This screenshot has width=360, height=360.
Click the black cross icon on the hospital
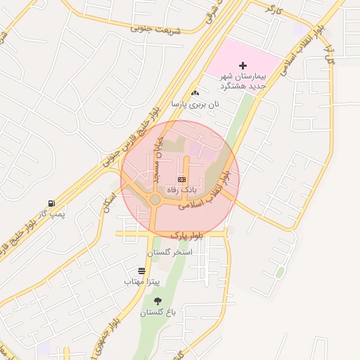point(244,65)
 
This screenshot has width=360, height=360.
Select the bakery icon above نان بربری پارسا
point(195,93)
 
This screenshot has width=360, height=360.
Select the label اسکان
point(108,201)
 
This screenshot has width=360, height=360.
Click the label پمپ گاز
point(51,212)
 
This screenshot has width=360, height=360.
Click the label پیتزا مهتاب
point(143,281)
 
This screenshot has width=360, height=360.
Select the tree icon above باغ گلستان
point(157,301)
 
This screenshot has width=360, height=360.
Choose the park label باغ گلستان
point(157,312)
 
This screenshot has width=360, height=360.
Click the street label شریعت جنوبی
point(155,29)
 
